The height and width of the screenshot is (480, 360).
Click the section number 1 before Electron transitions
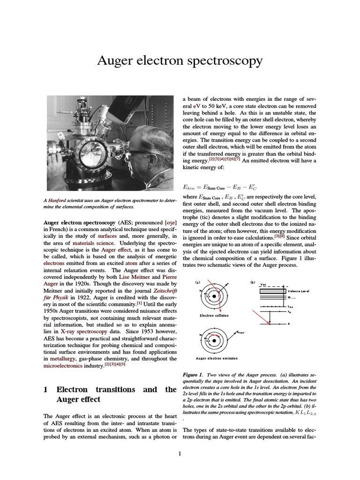(x=46, y=390)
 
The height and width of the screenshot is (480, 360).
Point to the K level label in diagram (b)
(x=288, y=324)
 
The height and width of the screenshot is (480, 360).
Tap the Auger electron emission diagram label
(x=217, y=358)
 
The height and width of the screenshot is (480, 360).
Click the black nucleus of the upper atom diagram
(x=214, y=296)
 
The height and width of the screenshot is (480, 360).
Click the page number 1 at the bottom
(x=180, y=453)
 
